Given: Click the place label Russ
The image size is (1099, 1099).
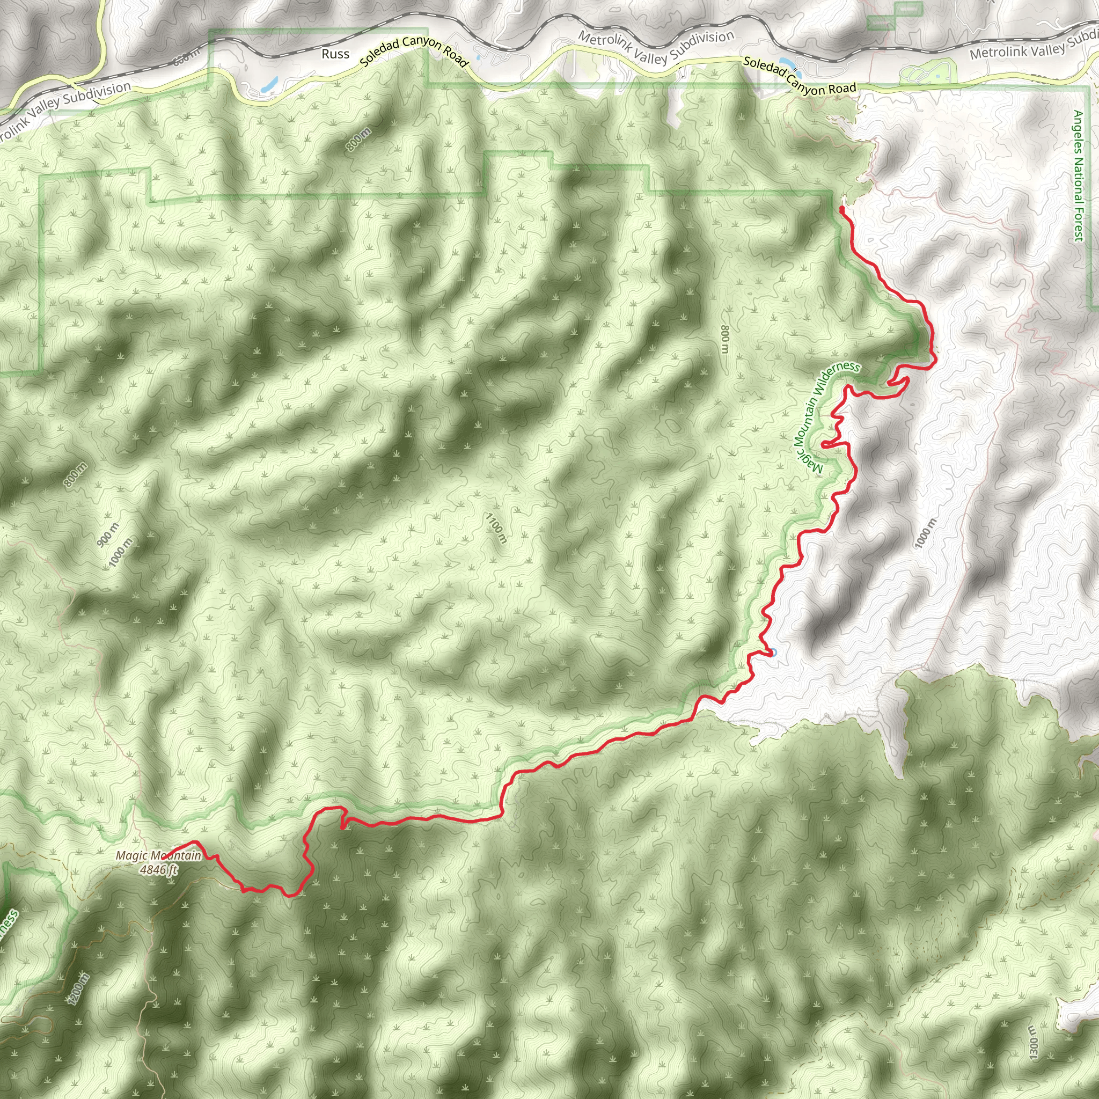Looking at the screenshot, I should [x=335, y=54].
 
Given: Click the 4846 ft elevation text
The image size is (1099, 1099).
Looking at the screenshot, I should [x=159, y=870].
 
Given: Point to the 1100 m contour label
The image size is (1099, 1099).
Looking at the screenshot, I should [x=496, y=528].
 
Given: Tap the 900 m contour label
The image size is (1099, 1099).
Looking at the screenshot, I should [x=107, y=534].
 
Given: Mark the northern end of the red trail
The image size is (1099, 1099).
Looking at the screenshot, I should [x=841, y=209].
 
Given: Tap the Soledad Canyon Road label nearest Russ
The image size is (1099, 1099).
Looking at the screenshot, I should [x=414, y=52].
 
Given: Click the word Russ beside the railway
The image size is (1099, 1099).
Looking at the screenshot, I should [x=335, y=54].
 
